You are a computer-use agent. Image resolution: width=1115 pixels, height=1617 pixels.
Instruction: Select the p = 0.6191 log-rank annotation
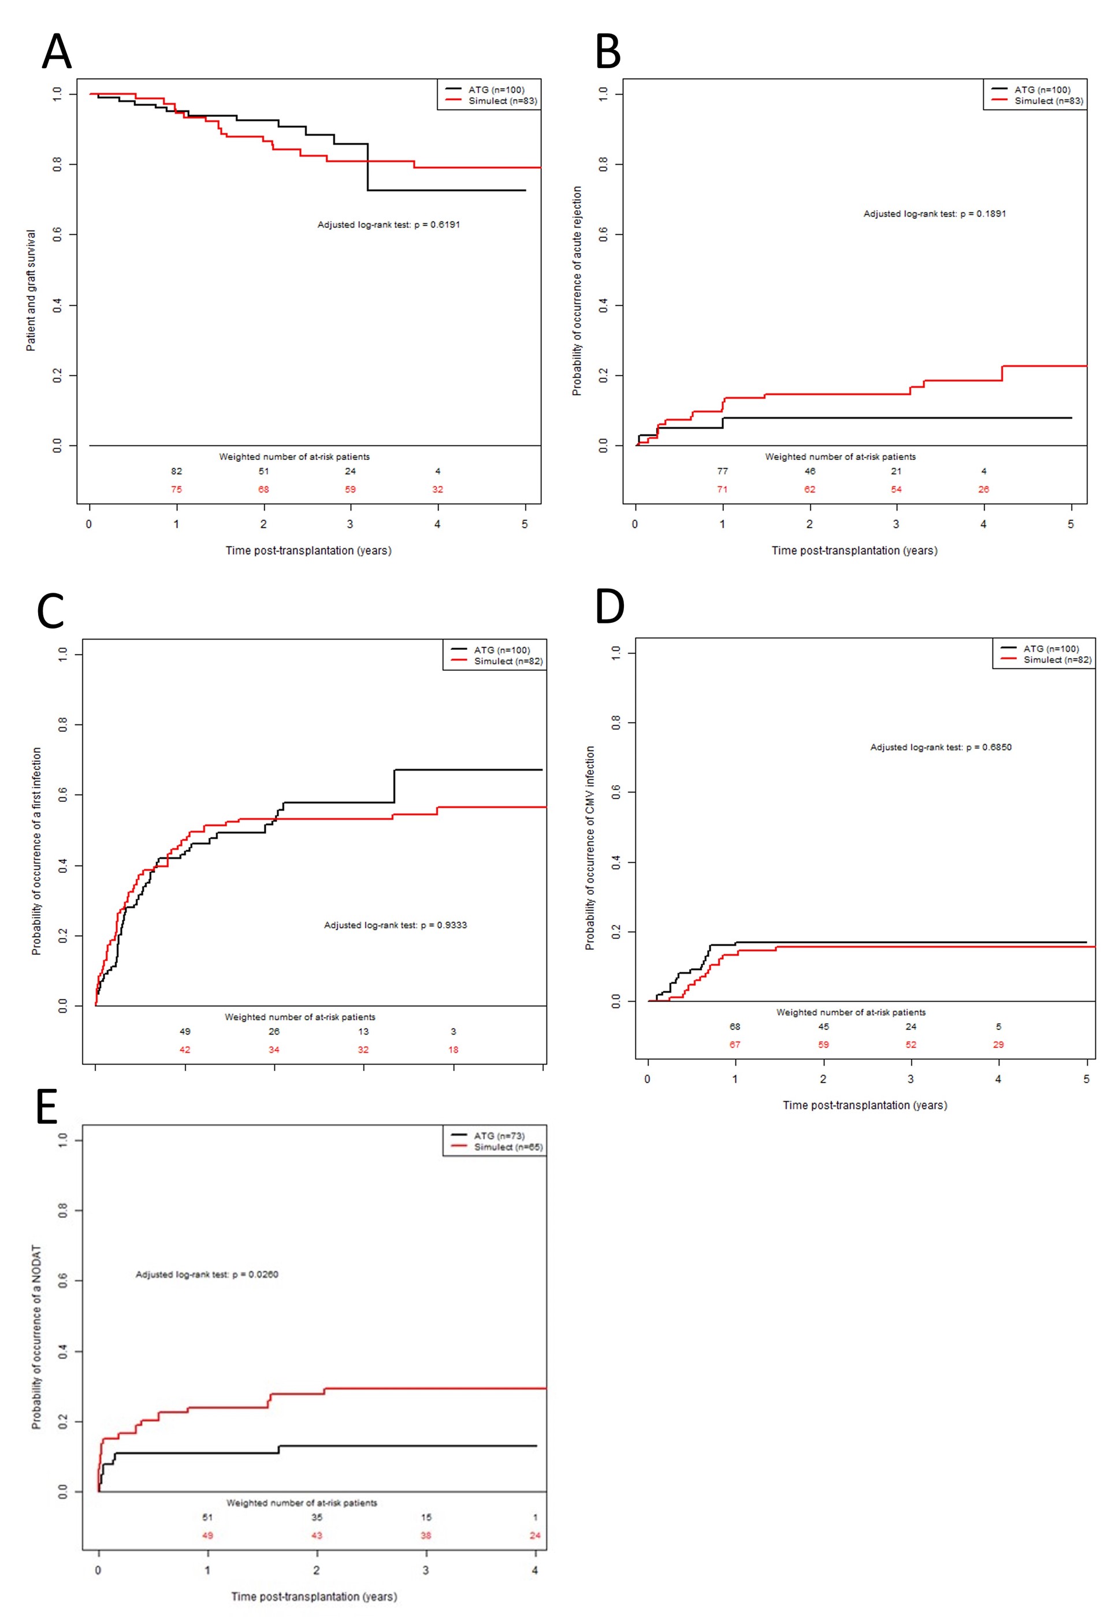click(x=388, y=225)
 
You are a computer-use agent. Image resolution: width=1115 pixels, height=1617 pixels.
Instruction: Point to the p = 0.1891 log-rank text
click(x=934, y=214)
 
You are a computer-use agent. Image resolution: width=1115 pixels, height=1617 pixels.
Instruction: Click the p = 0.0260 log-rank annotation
click(x=207, y=1275)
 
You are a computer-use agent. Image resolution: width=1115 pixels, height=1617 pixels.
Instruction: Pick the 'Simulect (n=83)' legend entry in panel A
click(x=502, y=101)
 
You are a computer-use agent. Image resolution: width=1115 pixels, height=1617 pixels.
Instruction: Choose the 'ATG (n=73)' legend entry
click(x=499, y=1136)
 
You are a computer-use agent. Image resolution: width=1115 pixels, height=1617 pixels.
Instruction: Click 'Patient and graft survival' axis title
click(x=31, y=290)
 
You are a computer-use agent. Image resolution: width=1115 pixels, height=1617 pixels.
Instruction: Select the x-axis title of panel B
click(x=854, y=551)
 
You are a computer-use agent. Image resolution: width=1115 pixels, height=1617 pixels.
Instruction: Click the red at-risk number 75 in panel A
click(x=176, y=490)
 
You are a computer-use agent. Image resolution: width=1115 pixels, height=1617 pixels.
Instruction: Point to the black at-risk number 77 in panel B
click(x=722, y=471)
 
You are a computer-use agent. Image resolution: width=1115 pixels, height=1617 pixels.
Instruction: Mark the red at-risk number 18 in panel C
click(x=454, y=1050)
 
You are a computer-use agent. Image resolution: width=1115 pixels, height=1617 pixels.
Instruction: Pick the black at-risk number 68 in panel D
click(x=735, y=1027)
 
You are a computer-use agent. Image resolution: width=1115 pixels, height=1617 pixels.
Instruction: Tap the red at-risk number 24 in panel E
click(x=534, y=1536)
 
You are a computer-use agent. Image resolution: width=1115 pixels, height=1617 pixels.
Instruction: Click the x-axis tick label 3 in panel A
click(x=350, y=525)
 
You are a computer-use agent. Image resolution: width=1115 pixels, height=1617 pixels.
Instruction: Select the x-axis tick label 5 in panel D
click(x=1086, y=1079)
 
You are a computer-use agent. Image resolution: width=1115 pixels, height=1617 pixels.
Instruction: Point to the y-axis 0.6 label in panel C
click(x=64, y=795)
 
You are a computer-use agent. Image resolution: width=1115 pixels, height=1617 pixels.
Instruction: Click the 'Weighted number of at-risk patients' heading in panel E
click(x=301, y=1503)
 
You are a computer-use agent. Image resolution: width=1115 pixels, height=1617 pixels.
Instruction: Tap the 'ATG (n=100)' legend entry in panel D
click(x=1051, y=649)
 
